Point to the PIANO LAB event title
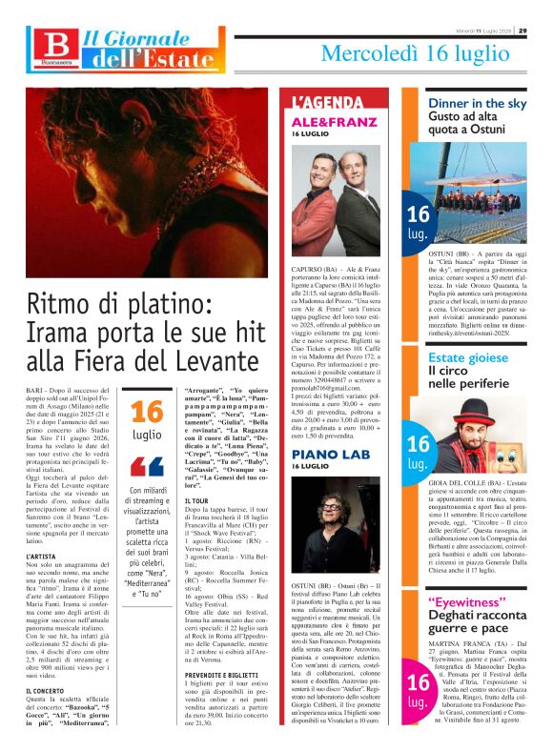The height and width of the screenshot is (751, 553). (324, 454)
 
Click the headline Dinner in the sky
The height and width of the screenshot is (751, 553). (477, 102)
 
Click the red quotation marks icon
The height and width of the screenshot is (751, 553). (146, 467)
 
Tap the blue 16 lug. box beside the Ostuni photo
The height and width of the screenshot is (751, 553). (418, 222)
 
